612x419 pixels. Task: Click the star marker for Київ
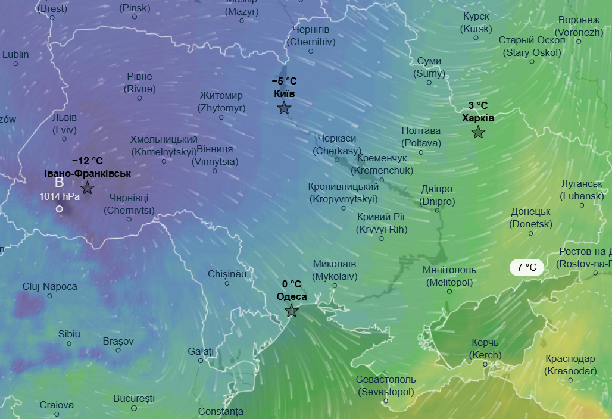tap(284, 108)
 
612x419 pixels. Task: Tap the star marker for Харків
tap(478, 132)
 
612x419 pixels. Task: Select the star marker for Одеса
tap(291, 311)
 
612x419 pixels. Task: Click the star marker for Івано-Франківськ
tap(88, 188)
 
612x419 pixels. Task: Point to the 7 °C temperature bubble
tap(526, 268)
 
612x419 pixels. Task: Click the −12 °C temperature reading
tap(88, 161)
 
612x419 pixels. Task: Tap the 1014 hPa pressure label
tap(60, 196)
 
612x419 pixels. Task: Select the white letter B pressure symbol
tap(59, 182)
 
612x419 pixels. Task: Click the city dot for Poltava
tap(421, 152)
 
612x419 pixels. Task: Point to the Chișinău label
tap(227, 274)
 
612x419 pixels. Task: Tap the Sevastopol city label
tap(386, 386)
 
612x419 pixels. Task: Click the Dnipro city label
tap(437, 195)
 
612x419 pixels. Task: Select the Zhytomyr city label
tap(221, 102)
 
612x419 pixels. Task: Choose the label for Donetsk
tap(530, 218)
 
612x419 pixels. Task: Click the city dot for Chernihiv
tap(311, 51)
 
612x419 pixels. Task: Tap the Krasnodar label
tap(570, 365)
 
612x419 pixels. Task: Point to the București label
tap(134, 398)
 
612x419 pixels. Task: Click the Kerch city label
tap(485, 349)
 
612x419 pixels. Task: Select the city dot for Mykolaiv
tap(335, 285)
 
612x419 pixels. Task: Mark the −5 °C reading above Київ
tap(284, 81)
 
